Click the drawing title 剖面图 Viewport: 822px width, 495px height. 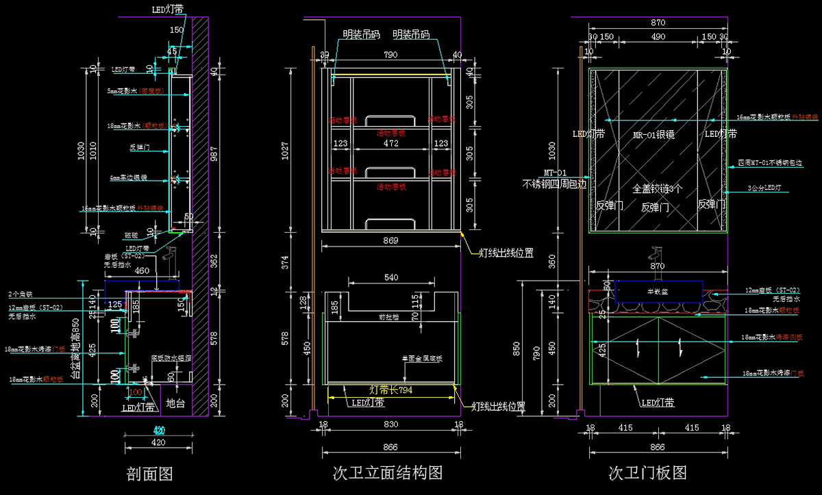tap(149, 474)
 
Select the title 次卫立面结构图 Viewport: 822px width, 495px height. tap(387, 473)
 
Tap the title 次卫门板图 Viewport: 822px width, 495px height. tap(647, 473)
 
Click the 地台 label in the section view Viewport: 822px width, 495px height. tap(175, 404)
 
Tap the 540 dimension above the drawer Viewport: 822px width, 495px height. tap(391, 278)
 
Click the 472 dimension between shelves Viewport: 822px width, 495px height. tap(391, 144)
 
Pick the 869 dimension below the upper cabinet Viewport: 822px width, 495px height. tap(391, 240)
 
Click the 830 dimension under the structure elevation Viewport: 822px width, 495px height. tap(390, 425)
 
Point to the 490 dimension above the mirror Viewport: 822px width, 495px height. tap(658, 36)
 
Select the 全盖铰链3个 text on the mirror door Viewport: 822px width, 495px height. tap(657, 188)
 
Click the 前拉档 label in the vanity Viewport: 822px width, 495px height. tap(391, 317)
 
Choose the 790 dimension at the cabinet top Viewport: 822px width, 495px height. tap(390, 55)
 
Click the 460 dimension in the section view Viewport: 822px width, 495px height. tap(142, 270)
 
